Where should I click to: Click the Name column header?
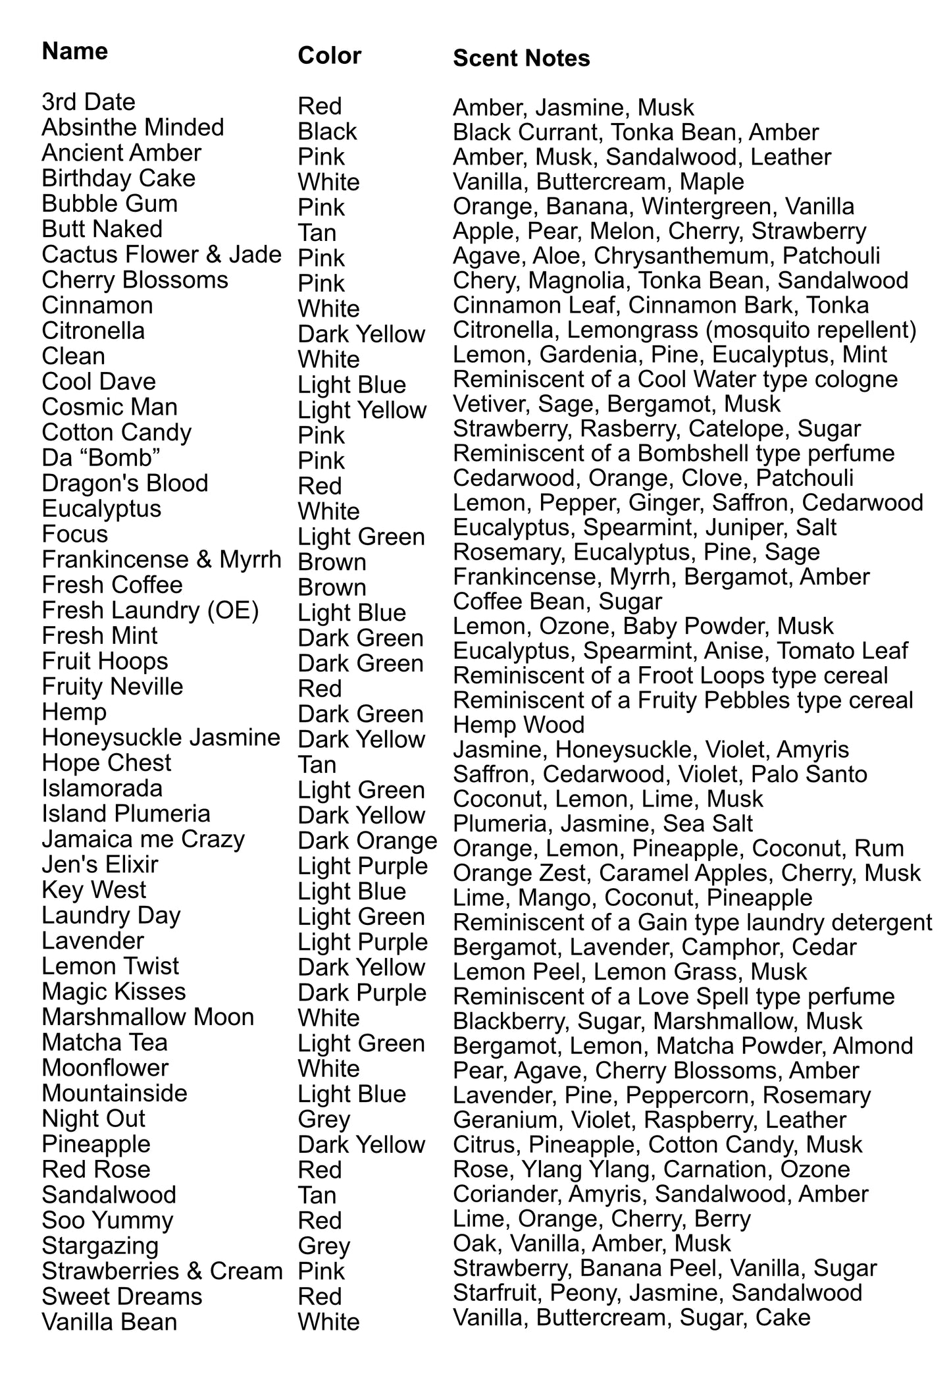[74, 51]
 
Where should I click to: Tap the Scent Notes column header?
[521, 58]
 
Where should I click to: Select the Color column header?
[329, 55]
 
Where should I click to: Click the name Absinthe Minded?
[133, 127]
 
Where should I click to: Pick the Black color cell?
[327, 132]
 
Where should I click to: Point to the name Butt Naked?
[102, 229]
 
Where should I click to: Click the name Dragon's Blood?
[125, 483]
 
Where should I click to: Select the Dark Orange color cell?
[367, 841]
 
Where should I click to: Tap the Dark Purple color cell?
[362, 993]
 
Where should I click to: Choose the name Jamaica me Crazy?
[143, 839]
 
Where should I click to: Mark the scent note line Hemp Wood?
[519, 725]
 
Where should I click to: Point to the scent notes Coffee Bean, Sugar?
[557, 601]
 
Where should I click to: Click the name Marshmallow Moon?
[148, 1017]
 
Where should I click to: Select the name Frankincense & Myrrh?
[161, 560]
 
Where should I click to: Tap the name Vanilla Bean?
[109, 1321]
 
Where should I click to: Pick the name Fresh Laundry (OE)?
[150, 610]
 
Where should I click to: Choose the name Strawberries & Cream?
[162, 1271]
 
